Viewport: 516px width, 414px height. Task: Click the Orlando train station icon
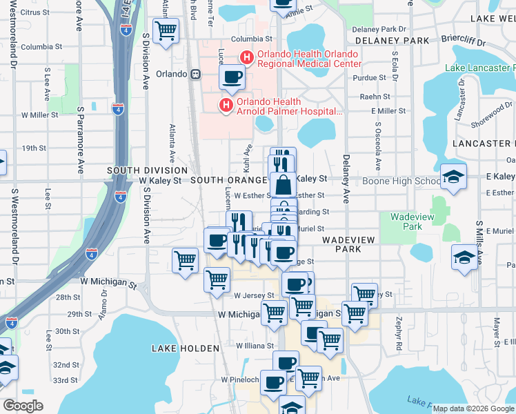click(196, 74)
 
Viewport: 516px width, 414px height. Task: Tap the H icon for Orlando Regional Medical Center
click(245, 58)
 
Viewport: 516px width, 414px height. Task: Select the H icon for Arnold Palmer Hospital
click(225, 105)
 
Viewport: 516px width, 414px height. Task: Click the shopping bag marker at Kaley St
click(283, 185)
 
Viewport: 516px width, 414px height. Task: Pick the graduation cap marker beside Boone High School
click(453, 177)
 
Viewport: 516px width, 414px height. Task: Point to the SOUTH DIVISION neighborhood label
click(147, 170)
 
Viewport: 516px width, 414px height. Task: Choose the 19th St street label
click(34, 148)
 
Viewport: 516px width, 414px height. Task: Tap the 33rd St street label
click(66, 380)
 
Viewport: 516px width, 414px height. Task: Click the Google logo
click(23, 406)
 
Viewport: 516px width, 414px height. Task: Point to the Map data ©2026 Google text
click(474, 408)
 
